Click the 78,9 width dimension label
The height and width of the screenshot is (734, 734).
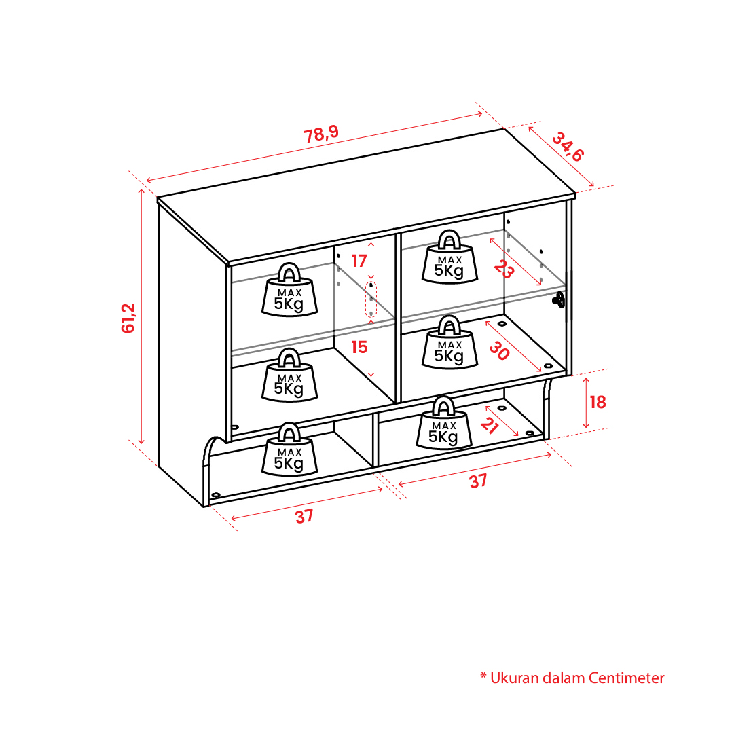(321, 134)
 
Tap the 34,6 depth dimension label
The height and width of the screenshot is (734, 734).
(568, 147)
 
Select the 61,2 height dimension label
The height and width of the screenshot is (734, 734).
(128, 318)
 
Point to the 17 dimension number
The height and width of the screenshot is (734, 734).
(359, 261)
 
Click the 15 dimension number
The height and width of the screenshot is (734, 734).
(359, 347)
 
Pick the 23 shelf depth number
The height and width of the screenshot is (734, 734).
(504, 269)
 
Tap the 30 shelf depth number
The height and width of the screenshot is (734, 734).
(499, 350)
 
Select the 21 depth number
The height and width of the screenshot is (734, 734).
(489, 426)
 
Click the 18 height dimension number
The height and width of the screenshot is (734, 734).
(598, 402)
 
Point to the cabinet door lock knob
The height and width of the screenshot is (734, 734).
(559, 299)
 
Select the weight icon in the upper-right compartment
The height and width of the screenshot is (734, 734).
(449, 257)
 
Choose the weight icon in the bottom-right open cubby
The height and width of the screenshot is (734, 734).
(444, 423)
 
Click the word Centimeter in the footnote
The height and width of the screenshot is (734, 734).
(626, 678)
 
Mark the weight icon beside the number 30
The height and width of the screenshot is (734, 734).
(449, 342)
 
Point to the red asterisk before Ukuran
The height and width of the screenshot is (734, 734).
(483, 676)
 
